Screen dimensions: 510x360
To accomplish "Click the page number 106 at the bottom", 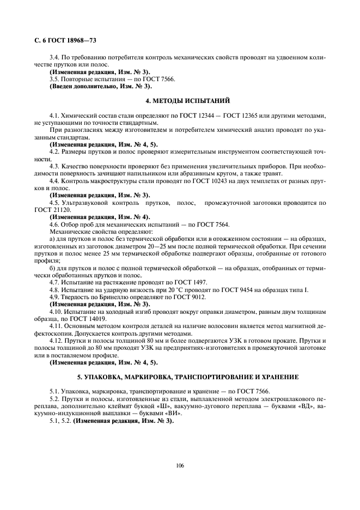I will point(180,466).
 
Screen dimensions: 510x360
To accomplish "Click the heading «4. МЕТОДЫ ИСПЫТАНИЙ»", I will point(180,101).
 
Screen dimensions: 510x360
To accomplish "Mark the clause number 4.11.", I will point(57,325).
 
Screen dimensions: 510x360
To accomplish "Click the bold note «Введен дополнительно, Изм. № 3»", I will point(100,86).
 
